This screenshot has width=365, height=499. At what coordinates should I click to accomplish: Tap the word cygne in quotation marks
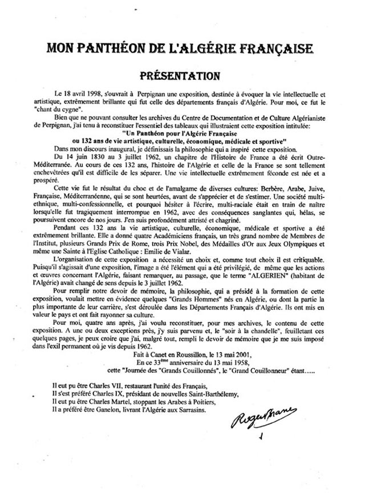point(84,108)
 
